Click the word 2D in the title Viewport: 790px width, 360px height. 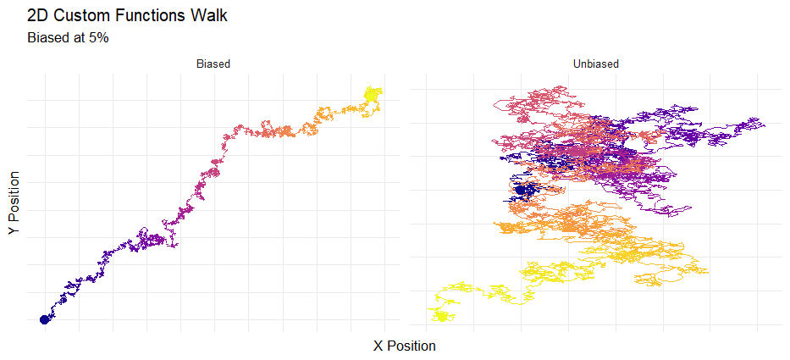point(37,15)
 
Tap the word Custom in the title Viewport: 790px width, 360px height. point(80,15)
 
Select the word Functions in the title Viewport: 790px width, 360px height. point(152,15)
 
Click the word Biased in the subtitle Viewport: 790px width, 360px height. point(48,38)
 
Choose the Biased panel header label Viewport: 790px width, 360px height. point(213,64)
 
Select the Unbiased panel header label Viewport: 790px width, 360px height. point(595,64)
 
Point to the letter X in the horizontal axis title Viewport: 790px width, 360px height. point(378,346)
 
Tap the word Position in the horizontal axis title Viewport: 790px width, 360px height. point(411,346)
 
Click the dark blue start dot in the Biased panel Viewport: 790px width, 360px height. point(44,319)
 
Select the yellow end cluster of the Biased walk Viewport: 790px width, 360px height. point(371,94)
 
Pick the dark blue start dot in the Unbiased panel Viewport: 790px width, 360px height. point(520,190)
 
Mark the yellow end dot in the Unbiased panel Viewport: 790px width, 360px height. point(441,316)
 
